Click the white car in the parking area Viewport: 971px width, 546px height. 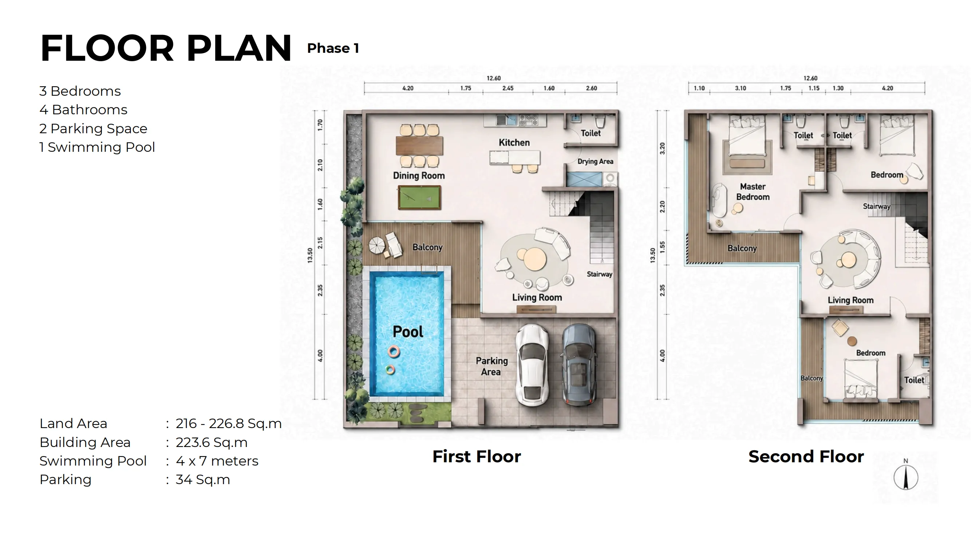pyautogui.click(x=532, y=365)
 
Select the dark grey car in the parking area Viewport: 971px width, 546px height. pyautogui.click(x=579, y=365)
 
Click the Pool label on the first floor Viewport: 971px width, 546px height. pyautogui.click(x=408, y=332)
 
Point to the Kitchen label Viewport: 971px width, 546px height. pyautogui.click(x=514, y=142)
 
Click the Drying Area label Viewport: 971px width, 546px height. pyautogui.click(x=595, y=161)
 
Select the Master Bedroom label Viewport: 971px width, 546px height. pyautogui.click(x=753, y=192)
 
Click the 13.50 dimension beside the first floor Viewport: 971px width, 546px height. pyautogui.click(x=310, y=255)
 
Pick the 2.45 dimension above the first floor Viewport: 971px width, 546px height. pyautogui.click(x=508, y=88)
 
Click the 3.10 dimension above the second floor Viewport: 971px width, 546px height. pyautogui.click(x=740, y=88)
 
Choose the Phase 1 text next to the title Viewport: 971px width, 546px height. pyautogui.click(x=333, y=48)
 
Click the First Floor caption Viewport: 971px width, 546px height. pyautogui.click(x=477, y=456)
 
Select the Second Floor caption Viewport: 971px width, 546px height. pyautogui.click(x=806, y=456)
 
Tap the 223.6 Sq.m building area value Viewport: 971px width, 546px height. pyautogui.click(x=212, y=442)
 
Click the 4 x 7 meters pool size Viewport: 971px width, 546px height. pyautogui.click(x=217, y=461)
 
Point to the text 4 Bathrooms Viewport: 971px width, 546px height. pyautogui.click(x=83, y=110)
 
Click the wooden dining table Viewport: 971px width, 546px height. pyautogui.click(x=419, y=146)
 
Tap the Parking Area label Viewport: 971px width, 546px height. pyautogui.click(x=491, y=366)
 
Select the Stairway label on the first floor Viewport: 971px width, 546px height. pyautogui.click(x=599, y=274)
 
